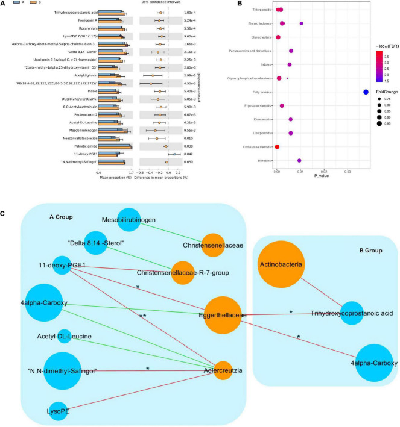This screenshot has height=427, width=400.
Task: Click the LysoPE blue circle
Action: [58, 413]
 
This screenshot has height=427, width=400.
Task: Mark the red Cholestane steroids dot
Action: [277, 146]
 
